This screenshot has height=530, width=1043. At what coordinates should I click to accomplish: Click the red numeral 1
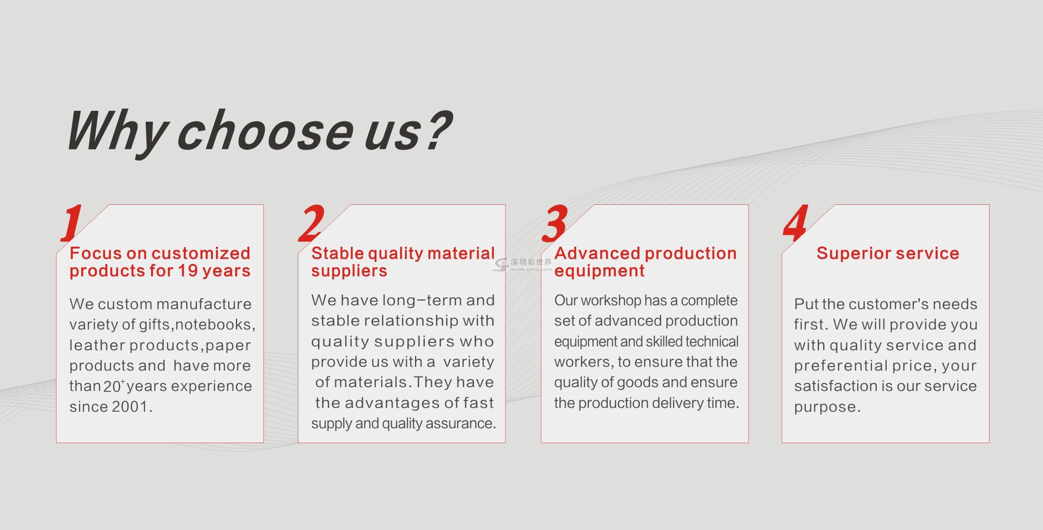tap(71, 223)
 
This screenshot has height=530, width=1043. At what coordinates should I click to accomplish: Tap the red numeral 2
tap(311, 223)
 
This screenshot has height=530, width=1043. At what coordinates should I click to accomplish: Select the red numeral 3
tap(555, 223)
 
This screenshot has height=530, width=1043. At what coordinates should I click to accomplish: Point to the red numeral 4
tap(796, 223)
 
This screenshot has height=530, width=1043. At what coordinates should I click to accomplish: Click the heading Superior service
tap(888, 254)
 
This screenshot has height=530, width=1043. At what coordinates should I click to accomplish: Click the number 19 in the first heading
tap(187, 271)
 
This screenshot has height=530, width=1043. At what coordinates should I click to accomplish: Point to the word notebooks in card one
tap(215, 325)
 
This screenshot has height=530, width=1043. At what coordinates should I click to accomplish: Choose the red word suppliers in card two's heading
tap(349, 271)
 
